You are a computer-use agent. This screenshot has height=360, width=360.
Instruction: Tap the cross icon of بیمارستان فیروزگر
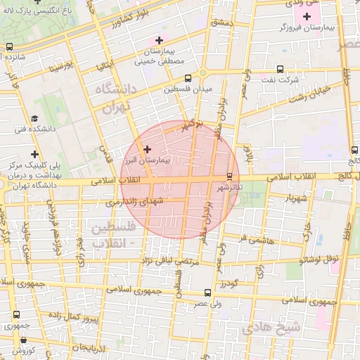click(307, 16)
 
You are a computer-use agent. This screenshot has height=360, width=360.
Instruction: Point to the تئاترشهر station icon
click(229, 176)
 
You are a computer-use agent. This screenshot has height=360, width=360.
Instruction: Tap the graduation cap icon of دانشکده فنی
click(34, 119)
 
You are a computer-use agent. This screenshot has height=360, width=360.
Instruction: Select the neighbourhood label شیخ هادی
click(271, 328)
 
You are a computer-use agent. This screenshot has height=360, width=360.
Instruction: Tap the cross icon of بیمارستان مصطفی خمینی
click(160, 39)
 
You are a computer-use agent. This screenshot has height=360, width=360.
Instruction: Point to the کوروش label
click(23, 351)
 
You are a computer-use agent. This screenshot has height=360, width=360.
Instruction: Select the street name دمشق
click(220, 22)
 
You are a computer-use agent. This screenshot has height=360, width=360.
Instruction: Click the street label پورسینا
click(61, 68)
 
